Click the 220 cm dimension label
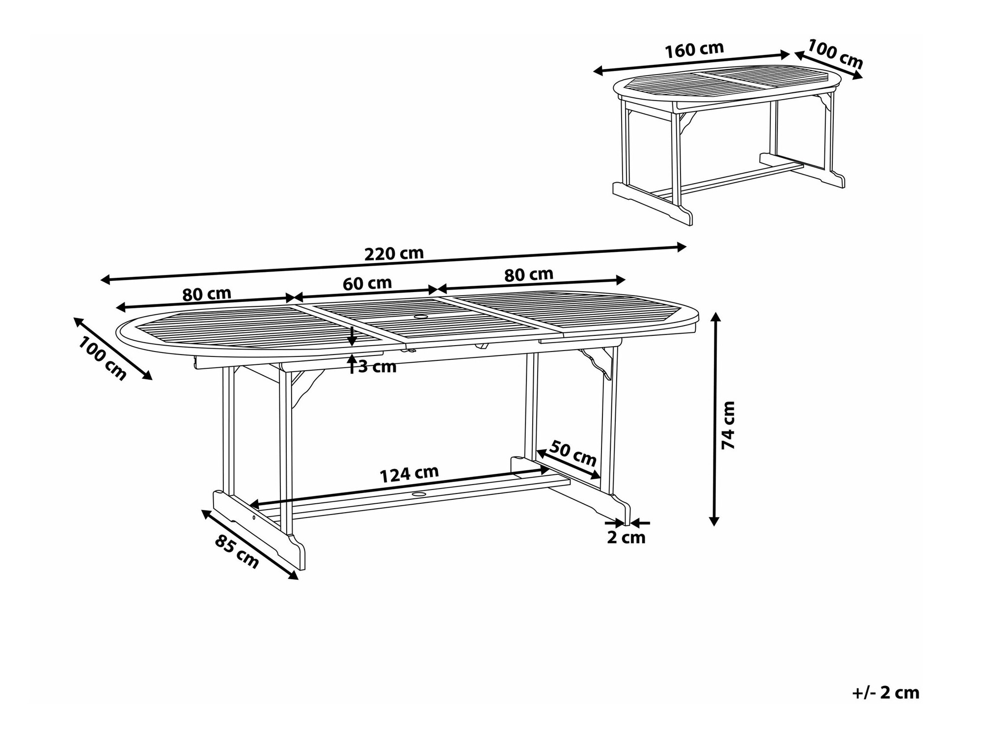click(394, 253)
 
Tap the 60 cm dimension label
click(367, 283)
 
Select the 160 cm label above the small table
click(694, 50)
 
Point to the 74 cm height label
click(728, 425)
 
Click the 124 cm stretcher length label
click(409, 474)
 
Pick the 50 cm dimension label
click(573, 454)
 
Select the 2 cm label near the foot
click(626, 538)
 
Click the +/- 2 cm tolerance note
click(886, 693)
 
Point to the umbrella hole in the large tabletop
click(421, 317)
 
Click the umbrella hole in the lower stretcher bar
click(419, 494)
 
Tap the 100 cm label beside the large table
click(102, 358)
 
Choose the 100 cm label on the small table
click(835, 54)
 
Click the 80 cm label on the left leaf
click(207, 294)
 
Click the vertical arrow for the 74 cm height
click(715, 419)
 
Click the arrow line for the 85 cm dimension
click(250, 545)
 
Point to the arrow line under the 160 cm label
click(691, 63)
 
